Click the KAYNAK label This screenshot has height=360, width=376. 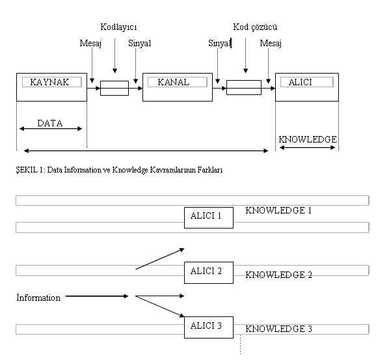49,82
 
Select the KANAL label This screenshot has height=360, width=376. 174,82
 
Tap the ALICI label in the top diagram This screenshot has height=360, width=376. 301,82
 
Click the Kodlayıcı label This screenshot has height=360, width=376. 118,27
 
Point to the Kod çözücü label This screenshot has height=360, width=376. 255,27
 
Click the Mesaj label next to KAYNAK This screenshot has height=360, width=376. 90,44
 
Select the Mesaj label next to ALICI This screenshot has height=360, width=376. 271,44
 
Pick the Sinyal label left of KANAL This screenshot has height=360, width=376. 140,44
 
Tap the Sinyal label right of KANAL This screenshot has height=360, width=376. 219,44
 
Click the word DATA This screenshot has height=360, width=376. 50,123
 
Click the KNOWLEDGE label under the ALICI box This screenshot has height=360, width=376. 308,139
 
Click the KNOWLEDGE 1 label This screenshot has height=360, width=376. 278,210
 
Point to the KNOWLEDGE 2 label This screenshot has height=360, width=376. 278,275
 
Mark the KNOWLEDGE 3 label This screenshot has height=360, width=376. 278,329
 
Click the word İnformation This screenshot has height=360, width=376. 38,298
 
